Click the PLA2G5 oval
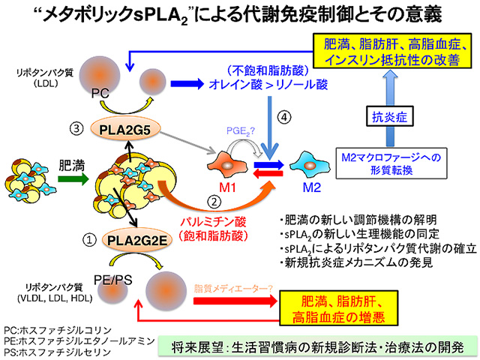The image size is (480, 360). tap(125, 130)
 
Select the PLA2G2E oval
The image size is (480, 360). tap(136, 240)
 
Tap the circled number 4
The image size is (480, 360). tap(284, 117)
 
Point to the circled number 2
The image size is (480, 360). tap(214, 202)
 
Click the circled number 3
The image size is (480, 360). tap(76, 128)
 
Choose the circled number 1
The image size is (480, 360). tap(90, 240)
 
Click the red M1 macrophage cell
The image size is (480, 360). tap(227, 165)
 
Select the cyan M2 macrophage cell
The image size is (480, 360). tap(310, 166)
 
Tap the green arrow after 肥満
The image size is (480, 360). tap(73, 178)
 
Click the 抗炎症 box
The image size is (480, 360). tap(390, 116)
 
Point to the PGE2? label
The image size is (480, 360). tap(241, 131)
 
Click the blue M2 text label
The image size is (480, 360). tap(312, 187)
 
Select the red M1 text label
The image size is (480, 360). tap(227, 187)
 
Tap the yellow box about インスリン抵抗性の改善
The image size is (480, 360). tap(391, 51)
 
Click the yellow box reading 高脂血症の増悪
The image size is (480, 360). tap(338, 308)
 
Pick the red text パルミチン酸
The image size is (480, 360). tap(213, 222)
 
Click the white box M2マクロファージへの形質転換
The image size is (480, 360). tap(391, 163)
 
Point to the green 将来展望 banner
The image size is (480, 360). tap(317, 346)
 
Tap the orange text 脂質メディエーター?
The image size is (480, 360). tap(233, 288)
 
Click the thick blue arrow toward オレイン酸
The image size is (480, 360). tap(187, 83)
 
